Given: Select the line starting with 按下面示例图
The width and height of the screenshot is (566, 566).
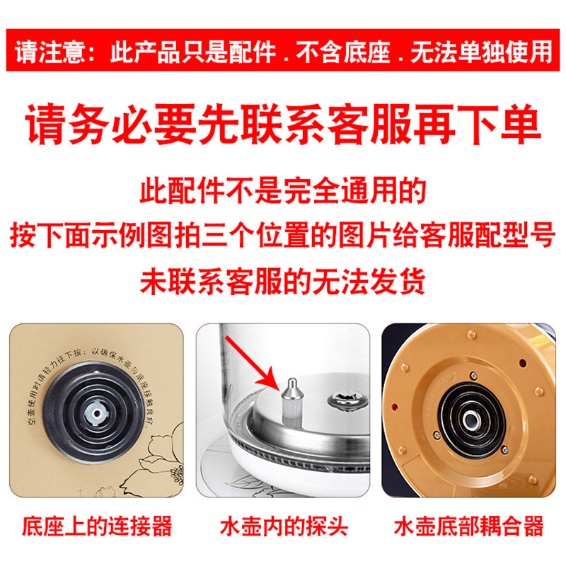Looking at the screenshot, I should point(283,236).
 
